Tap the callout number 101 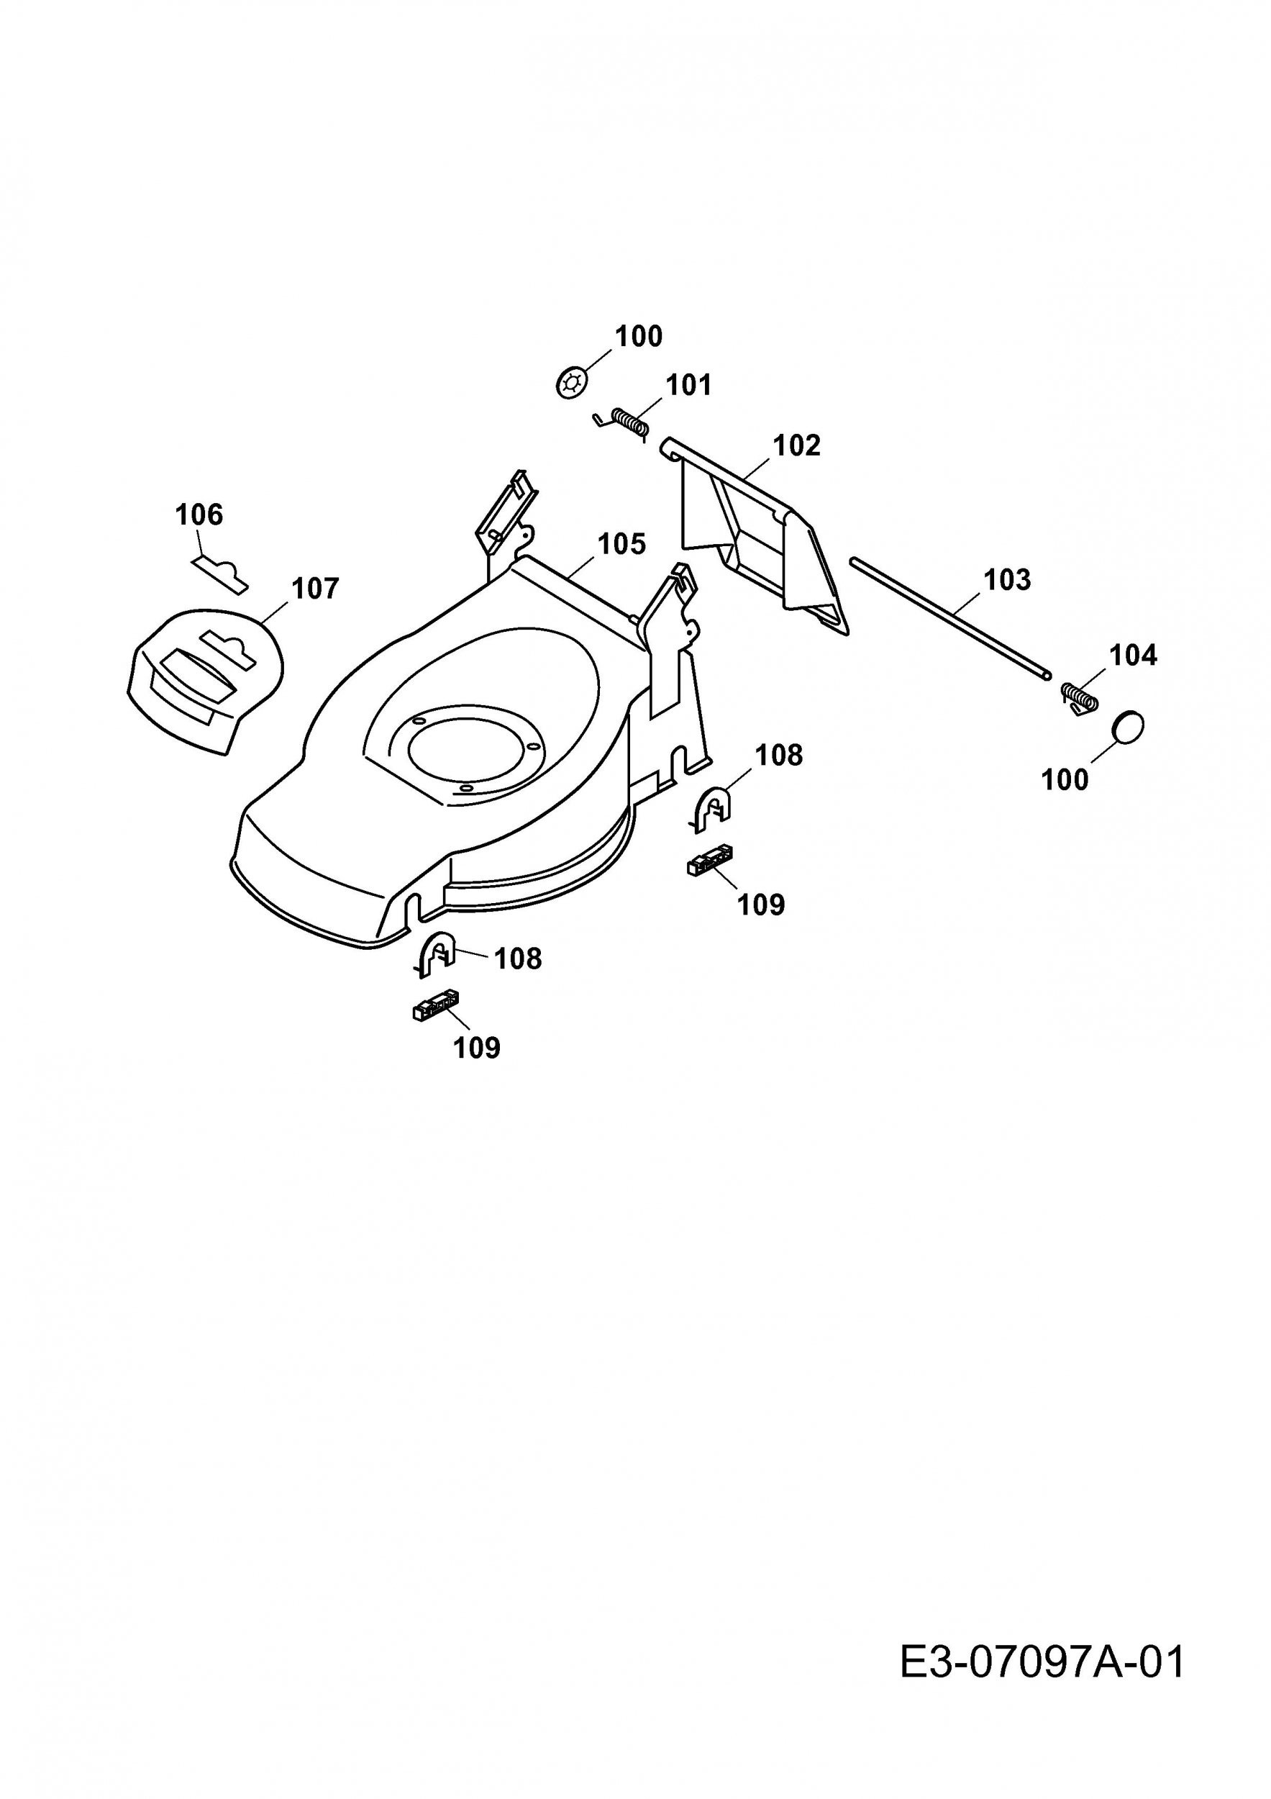[688, 386]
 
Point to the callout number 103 [1006, 580]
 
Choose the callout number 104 [1132, 655]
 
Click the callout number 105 [621, 544]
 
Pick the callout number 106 [199, 515]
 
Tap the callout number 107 [315, 589]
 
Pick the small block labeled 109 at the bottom [435, 1005]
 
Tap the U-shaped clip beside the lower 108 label [436, 954]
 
